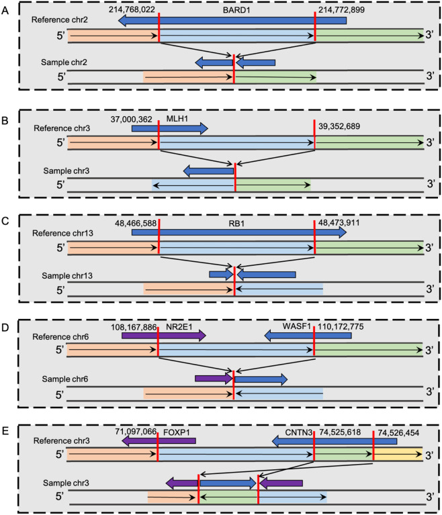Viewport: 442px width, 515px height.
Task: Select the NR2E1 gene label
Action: tap(177, 328)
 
